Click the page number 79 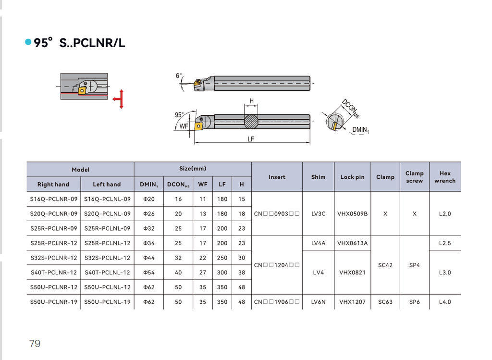[x=35, y=343]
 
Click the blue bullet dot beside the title [x=28, y=42]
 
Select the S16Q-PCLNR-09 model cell [x=54, y=199]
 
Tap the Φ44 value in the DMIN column [x=149, y=258]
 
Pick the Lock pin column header [x=352, y=177]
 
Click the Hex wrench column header [x=445, y=177]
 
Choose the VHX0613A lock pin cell [x=352, y=243]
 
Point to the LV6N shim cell [x=318, y=302]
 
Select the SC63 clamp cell [x=385, y=302]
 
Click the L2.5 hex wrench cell [x=445, y=243]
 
